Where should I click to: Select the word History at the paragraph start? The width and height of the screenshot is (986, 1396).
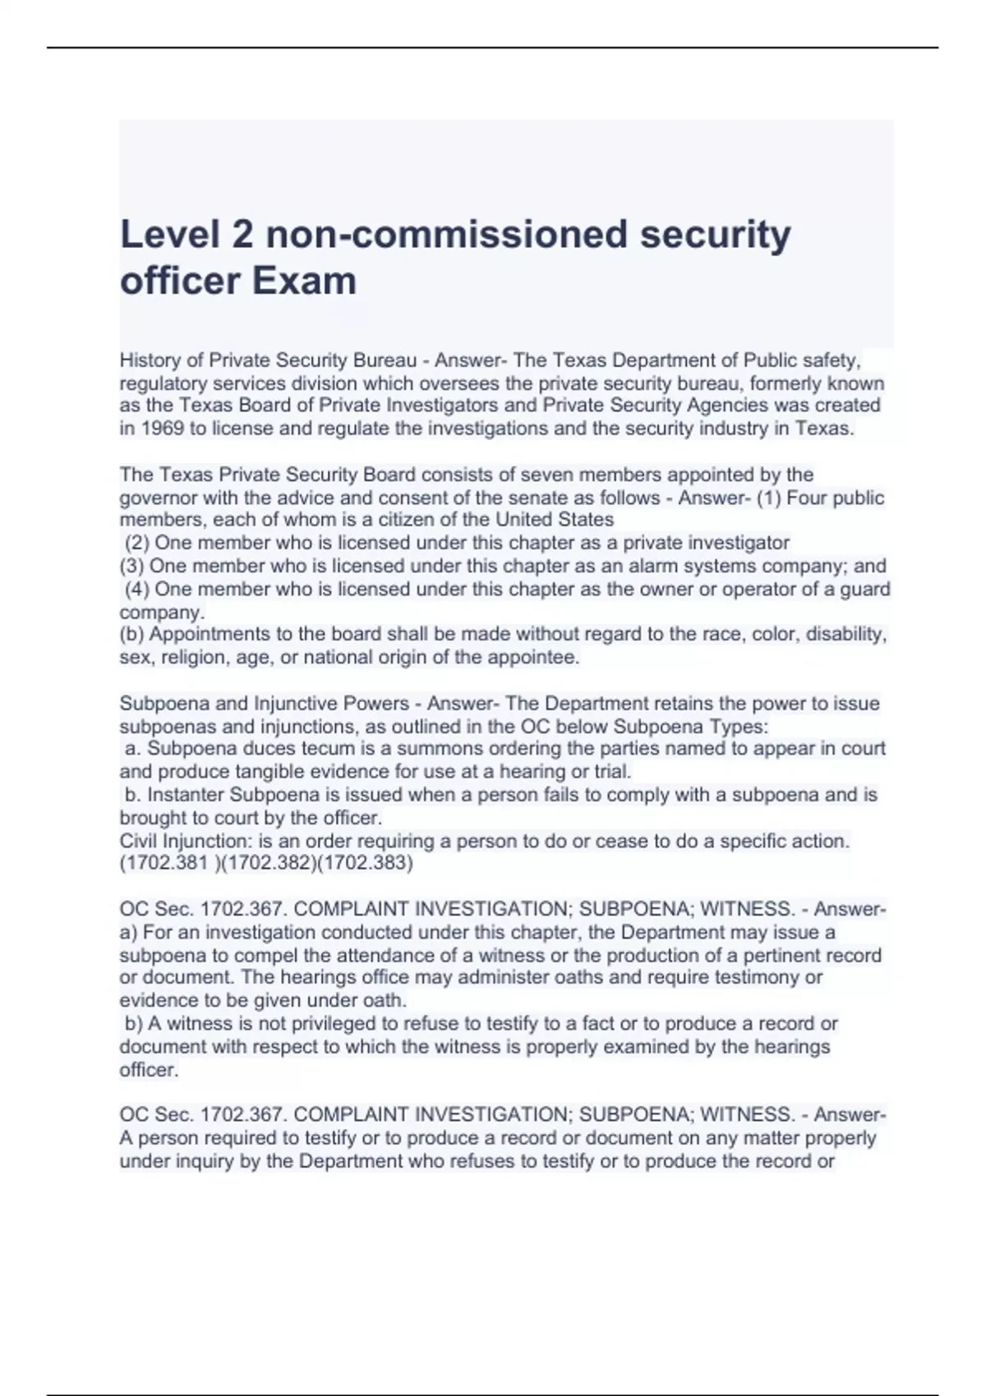click(x=150, y=360)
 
